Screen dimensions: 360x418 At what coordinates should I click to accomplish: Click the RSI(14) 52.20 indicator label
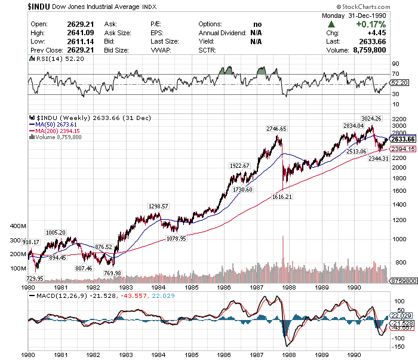(56, 59)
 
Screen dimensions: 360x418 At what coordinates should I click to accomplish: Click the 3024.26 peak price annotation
(370, 118)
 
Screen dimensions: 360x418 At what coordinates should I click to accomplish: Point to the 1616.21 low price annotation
(283, 196)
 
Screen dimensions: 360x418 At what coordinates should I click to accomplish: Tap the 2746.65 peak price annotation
(276, 128)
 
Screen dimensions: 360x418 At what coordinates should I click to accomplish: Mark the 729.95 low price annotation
(35, 278)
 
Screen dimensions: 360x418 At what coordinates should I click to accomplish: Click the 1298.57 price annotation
(158, 206)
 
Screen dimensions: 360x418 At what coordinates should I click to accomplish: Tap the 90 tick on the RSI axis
(395, 63)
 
